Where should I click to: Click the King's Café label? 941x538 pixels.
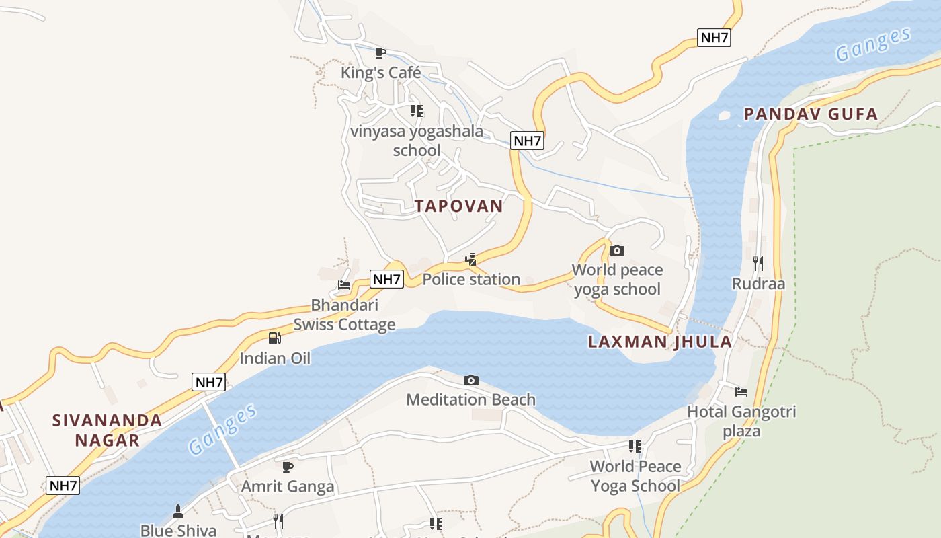(x=380, y=73)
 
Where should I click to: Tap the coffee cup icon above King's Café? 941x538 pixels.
(x=380, y=52)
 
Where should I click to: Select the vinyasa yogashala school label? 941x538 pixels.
(x=417, y=141)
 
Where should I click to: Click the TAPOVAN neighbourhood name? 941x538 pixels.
(x=459, y=206)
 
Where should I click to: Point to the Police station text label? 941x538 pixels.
(x=471, y=279)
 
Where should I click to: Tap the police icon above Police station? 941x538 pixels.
(x=471, y=259)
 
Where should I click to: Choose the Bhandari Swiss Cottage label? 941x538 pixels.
(x=344, y=315)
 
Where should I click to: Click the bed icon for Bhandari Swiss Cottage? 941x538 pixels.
(x=344, y=285)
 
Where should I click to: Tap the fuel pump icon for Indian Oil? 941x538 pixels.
(x=274, y=338)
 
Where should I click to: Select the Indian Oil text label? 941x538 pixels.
(x=276, y=358)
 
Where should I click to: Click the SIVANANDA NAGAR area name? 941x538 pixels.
(x=108, y=430)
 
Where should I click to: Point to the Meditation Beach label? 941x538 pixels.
(x=471, y=399)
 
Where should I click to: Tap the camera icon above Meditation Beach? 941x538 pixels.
(x=471, y=380)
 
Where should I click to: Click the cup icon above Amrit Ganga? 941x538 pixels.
(x=288, y=466)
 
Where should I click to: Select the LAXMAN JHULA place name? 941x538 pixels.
(x=660, y=342)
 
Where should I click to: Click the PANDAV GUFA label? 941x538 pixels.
(x=811, y=114)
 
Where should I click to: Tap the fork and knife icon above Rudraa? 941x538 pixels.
(x=758, y=263)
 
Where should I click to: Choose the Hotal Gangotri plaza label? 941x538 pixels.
(x=741, y=421)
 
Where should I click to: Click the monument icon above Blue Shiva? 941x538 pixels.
(x=178, y=512)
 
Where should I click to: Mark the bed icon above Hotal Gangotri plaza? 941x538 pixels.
(x=741, y=391)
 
